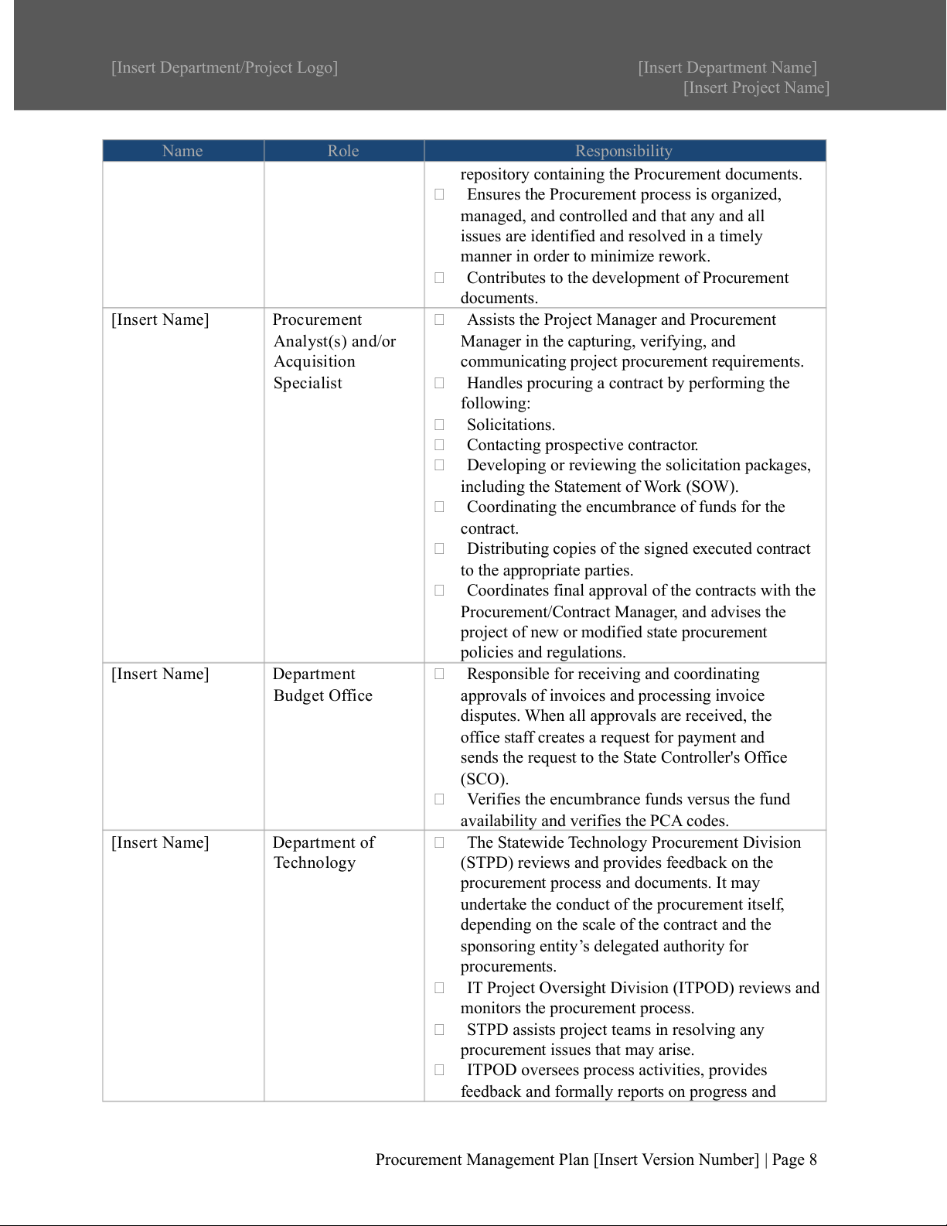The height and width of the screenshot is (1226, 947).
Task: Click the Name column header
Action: coord(182,151)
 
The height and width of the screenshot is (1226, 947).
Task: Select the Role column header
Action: coord(343,151)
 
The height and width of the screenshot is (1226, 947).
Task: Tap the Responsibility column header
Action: coord(624,151)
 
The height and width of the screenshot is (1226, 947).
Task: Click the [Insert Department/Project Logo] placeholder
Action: coord(224,67)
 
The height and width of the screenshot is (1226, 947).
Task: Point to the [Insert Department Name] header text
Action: coord(727,67)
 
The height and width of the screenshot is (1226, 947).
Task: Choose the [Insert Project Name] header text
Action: coord(756,87)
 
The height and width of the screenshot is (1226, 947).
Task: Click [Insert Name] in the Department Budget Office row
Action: coord(160,674)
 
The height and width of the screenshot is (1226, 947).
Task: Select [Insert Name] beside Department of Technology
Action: coord(160,842)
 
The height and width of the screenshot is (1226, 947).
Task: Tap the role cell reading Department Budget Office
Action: coord(322,685)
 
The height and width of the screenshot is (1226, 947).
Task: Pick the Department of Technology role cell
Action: coord(323,852)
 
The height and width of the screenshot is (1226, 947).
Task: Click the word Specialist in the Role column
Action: coord(308,383)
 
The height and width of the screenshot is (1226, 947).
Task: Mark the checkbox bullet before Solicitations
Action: coord(439,425)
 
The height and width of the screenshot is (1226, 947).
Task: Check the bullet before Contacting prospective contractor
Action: coord(439,445)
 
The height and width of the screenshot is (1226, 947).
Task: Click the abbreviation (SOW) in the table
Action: coord(711,487)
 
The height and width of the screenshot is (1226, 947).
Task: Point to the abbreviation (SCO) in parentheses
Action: coord(484,779)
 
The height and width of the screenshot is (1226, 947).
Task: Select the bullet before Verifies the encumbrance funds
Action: coord(439,799)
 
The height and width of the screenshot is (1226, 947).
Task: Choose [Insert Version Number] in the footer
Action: coord(676,1159)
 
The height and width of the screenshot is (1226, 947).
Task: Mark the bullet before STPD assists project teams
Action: coord(439,1030)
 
